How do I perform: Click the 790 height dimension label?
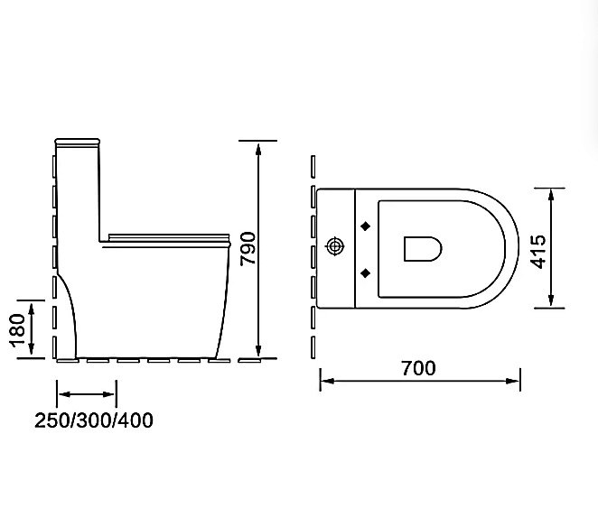(x=249, y=249)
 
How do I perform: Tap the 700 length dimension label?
(x=419, y=368)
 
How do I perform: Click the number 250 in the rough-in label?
(x=51, y=420)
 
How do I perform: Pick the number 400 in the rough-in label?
(x=136, y=420)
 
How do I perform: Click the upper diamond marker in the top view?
(x=365, y=225)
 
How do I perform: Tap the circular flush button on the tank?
(x=335, y=245)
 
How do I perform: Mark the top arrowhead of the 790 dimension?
(x=259, y=145)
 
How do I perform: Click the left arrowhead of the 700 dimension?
(x=325, y=382)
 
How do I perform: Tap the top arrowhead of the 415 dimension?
(x=550, y=192)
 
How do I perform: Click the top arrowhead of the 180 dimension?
(x=33, y=307)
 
